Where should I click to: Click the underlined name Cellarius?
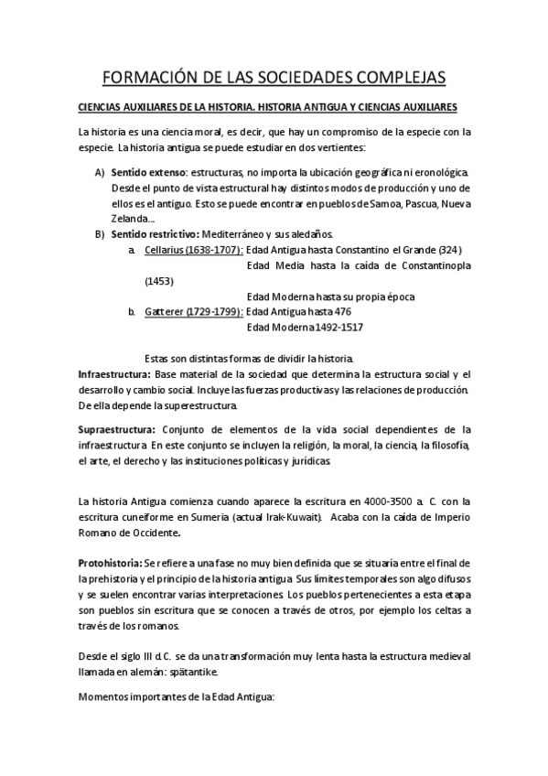(x=166, y=250)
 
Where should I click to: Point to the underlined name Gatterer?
(x=164, y=312)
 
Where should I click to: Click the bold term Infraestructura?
(x=114, y=374)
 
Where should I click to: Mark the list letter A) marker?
(x=100, y=172)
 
